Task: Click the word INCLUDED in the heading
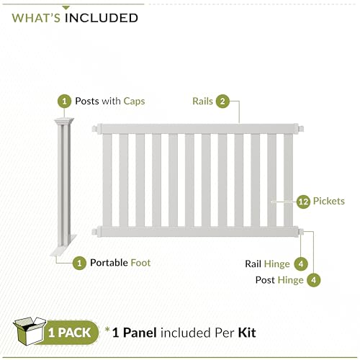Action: click(102, 18)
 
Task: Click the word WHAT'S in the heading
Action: click(36, 18)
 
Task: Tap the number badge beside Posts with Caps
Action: click(64, 101)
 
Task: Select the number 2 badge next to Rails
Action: click(222, 101)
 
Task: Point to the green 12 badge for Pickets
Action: click(303, 202)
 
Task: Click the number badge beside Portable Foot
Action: click(79, 263)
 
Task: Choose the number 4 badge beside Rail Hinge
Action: click(301, 264)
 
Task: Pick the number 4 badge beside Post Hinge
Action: click(313, 280)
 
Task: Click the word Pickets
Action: click(329, 201)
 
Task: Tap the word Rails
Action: click(202, 101)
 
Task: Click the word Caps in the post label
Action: click(134, 102)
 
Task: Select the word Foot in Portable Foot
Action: click(140, 263)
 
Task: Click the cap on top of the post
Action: click(64, 121)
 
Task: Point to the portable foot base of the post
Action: click(63, 246)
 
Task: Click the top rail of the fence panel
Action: click(198, 129)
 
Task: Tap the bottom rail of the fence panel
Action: click(198, 232)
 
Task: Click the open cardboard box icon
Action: click(30, 331)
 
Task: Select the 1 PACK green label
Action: click(70, 333)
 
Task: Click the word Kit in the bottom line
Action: click(247, 333)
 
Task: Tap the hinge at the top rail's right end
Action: click(301, 129)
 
